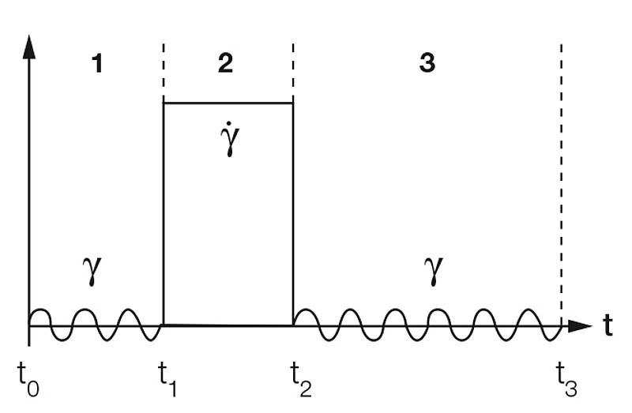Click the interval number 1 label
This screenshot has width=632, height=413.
pyautogui.click(x=97, y=63)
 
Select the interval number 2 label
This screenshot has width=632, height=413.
pyautogui.click(x=226, y=63)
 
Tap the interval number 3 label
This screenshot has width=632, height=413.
pyautogui.click(x=427, y=63)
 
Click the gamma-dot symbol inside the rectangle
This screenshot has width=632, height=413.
pyautogui.click(x=230, y=140)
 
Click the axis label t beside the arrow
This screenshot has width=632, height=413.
pyautogui.click(x=608, y=325)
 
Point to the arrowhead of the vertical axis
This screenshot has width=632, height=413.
pyautogui.click(x=29, y=46)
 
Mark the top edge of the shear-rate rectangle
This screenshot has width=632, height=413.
pyautogui.click(x=228, y=103)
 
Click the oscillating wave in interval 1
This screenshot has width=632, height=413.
pyautogui.click(x=95, y=325)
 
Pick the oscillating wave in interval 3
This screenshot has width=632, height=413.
pyautogui.click(x=427, y=325)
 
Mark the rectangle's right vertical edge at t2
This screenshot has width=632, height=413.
pyautogui.click(x=293, y=213)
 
